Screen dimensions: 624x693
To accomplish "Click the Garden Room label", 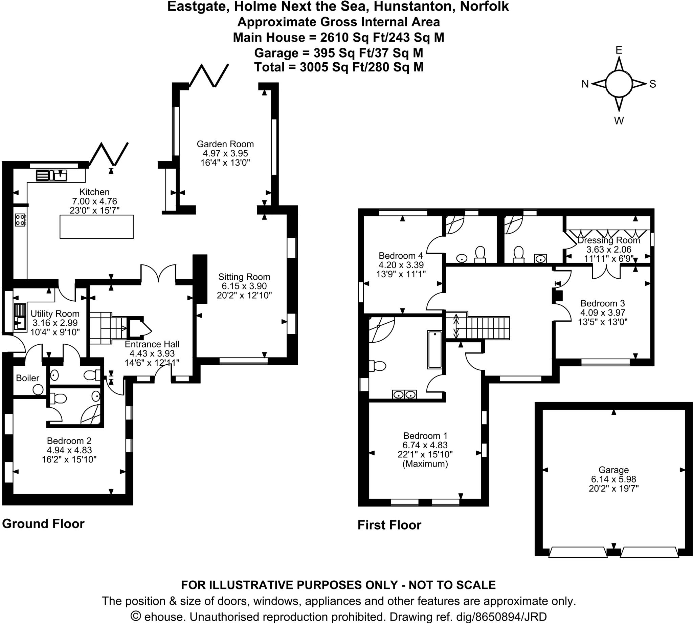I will (225, 144).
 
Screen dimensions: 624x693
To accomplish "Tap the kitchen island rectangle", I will (96, 227).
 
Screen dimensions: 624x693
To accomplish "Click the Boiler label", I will (27, 378).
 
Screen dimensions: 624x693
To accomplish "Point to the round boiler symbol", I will (38, 389).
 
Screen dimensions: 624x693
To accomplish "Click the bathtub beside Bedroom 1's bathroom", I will (434, 349).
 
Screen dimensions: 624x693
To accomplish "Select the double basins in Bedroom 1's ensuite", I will (404, 395).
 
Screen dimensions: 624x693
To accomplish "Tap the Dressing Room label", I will (608, 240).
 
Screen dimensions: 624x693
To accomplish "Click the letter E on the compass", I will (619, 50).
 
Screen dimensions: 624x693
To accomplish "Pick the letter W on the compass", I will (619, 121).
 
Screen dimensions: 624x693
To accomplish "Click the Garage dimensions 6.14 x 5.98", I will (613, 479).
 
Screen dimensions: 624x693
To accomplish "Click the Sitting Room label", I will (244, 277).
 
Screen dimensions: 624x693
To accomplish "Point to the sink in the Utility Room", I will (20, 323).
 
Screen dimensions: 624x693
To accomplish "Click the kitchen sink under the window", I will (52, 175).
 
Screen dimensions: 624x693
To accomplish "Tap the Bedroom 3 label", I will (603, 303).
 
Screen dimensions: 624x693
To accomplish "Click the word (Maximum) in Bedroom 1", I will (425, 464).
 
